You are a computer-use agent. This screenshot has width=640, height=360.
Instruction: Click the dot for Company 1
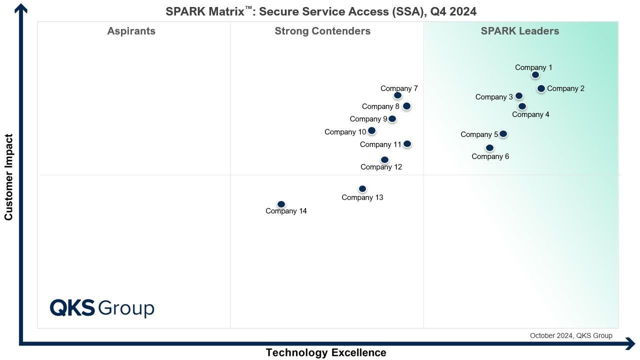click(535, 75)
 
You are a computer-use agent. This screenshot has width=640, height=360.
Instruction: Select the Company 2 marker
click(541, 88)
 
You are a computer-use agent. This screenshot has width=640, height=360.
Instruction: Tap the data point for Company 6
click(489, 148)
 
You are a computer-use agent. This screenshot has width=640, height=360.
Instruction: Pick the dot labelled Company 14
click(281, 204)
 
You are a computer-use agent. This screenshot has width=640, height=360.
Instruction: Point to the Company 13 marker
click(362, 189)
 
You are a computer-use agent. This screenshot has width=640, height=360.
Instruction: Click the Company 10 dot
click(371, 131)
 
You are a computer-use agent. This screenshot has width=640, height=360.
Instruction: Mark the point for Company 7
click(397, 95)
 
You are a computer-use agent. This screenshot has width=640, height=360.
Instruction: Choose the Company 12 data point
click(384, 160)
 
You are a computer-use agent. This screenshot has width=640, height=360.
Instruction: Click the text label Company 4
click(530, 114)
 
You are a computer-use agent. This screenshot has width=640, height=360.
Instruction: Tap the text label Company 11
click(380, 144)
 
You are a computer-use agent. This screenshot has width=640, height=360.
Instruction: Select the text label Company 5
click(479, 134)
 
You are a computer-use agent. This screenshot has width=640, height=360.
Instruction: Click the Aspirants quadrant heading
click(131, 31)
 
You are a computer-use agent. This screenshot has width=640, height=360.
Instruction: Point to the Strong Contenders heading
click(322, 31)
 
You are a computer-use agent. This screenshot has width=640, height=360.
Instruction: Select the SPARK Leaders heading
click(520, 31)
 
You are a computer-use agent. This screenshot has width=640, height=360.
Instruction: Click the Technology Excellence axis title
click(326, 352)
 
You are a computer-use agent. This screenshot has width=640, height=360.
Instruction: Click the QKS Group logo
click(102, 308)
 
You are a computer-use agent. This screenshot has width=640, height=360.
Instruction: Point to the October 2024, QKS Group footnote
click(571, 335)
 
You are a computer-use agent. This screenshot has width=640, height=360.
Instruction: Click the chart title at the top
click(321, 11)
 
